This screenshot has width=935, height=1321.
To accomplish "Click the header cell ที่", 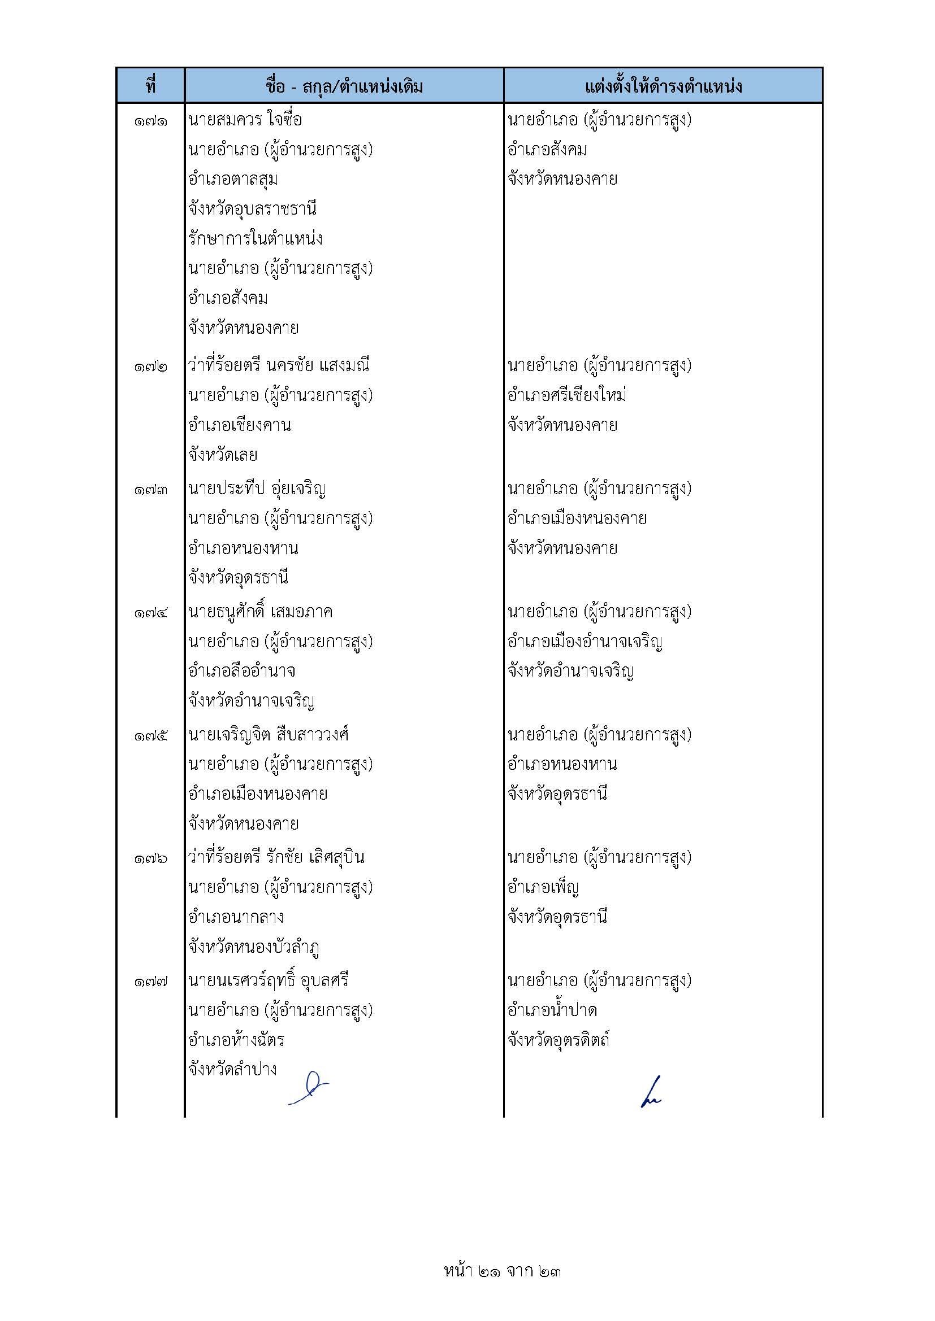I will tap(150, 86).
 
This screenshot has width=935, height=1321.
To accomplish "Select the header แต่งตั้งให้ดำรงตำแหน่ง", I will tap(663, 86).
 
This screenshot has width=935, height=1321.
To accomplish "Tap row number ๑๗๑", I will tap(151, 121).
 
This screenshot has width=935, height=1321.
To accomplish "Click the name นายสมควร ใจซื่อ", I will tap(245, 120).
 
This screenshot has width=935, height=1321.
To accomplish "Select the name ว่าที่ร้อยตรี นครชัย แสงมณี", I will tap(279, 365).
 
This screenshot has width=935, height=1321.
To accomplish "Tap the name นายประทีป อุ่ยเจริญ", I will tap(257, 489).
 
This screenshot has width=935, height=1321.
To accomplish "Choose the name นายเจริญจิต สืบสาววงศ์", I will tap(269, 735).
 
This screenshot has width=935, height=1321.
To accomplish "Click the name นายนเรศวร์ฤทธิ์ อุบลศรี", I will tap(269, 980).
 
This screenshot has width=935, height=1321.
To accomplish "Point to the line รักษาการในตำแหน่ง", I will tap(255, 239).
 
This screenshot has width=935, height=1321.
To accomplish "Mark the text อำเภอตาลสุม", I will tap(233, 180).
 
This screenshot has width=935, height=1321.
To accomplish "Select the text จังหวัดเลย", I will tap(223, 455).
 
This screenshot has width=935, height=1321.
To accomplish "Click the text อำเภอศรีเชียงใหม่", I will tap(567, 395).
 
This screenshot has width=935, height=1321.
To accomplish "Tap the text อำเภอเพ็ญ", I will tap(543, 887).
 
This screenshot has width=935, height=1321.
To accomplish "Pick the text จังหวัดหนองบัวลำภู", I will tap(254, 947).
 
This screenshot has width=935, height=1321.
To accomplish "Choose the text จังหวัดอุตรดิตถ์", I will tap(559, 1040).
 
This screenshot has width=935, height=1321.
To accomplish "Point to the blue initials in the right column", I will tap(651, 1092).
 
